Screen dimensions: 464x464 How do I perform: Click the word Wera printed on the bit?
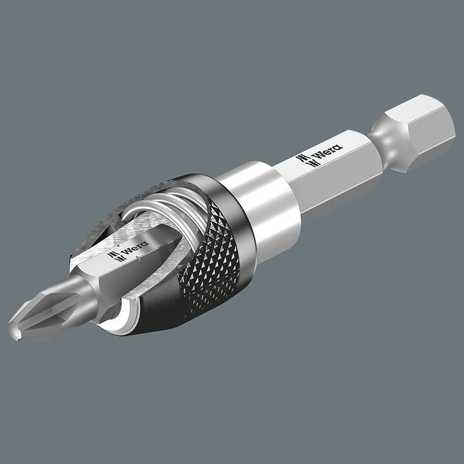click(135, 248)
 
